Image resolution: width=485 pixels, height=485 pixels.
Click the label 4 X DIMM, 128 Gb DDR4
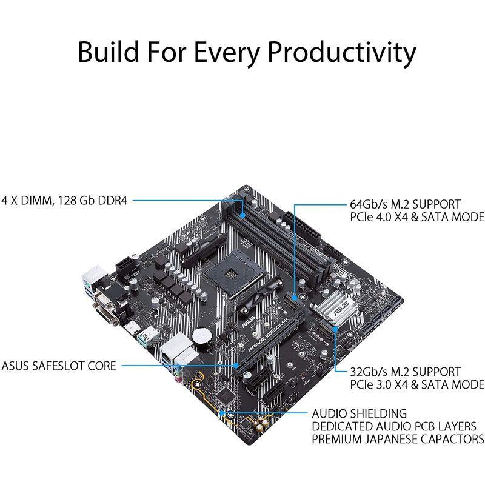tap(64, 201)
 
